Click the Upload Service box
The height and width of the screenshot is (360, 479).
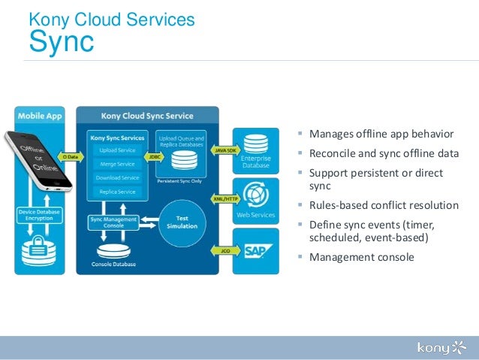point(117,150)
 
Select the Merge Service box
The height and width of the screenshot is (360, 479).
point(117,164)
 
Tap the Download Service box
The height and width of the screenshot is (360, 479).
point(117,178)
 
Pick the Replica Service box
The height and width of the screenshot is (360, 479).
point(117,192)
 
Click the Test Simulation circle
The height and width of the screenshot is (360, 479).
point(182,222)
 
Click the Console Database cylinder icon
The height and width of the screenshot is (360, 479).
point(112,250)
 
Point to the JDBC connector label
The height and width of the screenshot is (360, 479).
point(153,157)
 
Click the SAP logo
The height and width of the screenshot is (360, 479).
point(256,250)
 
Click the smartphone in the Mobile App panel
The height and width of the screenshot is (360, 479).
point(38,159)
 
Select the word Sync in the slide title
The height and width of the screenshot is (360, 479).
point(62,43)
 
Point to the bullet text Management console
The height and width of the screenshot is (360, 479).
point(361,257)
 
